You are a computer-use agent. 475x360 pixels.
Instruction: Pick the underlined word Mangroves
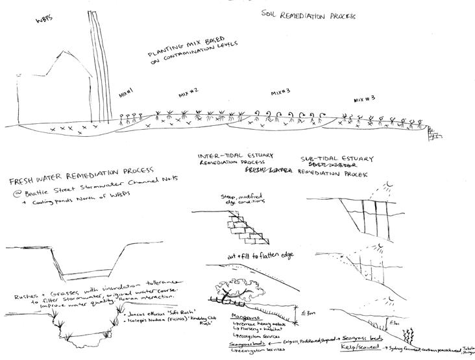pyautogui.click(x=245, y=318)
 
